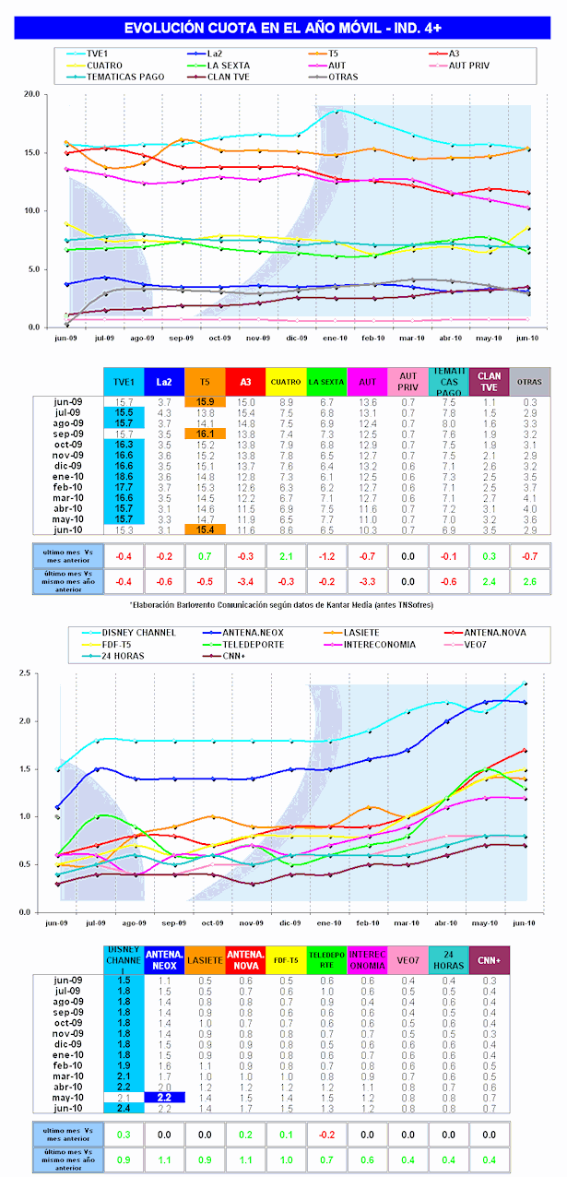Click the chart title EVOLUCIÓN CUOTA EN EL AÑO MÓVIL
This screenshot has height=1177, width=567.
click(x=283, y=29)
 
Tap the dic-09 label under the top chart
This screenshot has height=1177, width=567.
click(x=298, y=339)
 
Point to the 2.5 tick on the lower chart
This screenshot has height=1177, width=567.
click(x=33, y=673)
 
